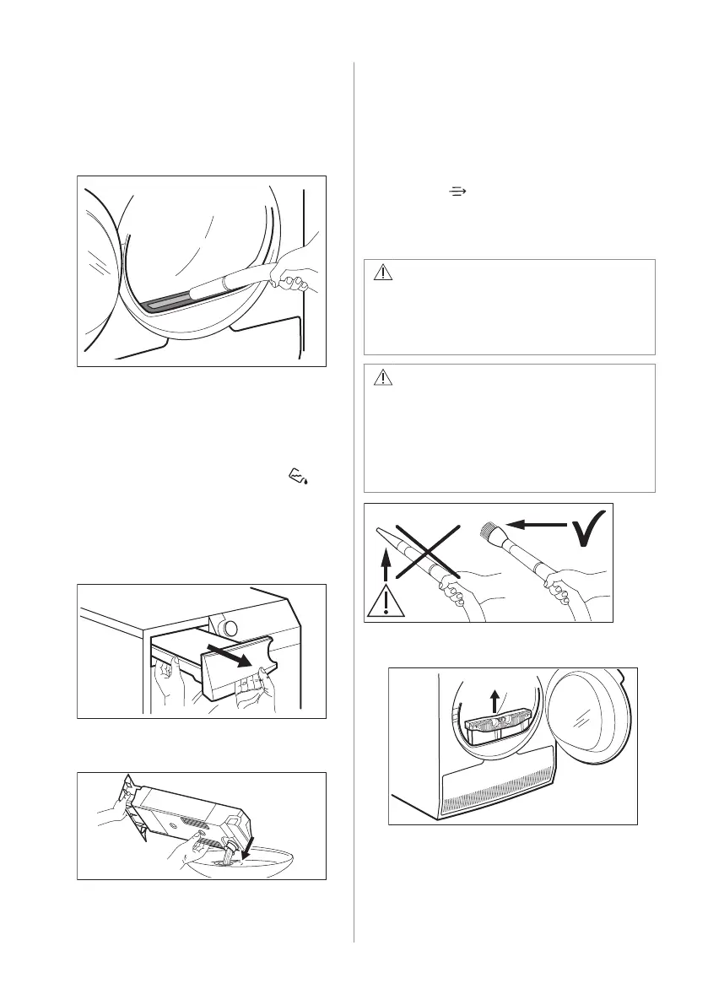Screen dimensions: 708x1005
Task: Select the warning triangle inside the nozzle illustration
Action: pos(386,601)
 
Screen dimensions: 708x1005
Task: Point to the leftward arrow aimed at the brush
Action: pos(539,526)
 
